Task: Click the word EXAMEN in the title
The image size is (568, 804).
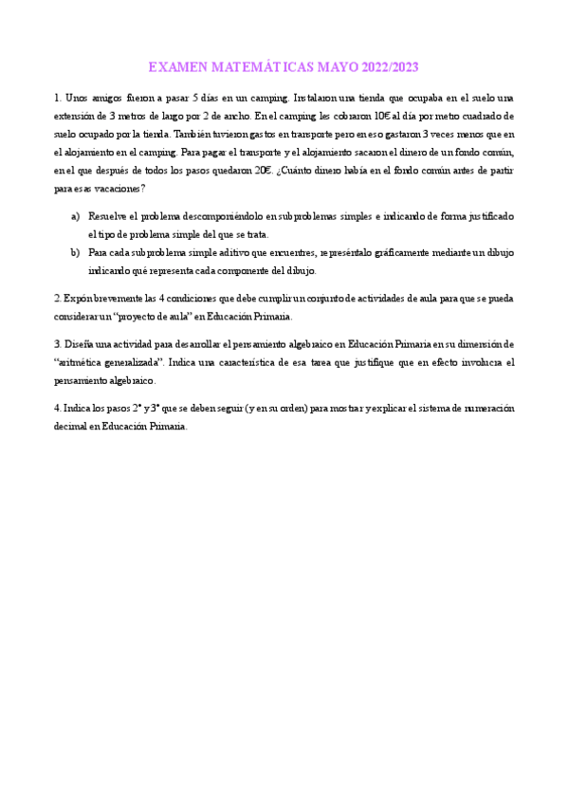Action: click(175, 68)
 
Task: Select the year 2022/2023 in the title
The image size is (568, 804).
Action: click(385, 68)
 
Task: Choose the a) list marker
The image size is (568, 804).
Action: click(76, 217)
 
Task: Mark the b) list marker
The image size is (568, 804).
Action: click(76, 253)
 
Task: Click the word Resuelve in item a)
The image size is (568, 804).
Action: click(109, 217)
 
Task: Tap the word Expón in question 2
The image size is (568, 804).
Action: click(77, 299)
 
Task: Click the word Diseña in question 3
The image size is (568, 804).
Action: click(79, 343)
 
